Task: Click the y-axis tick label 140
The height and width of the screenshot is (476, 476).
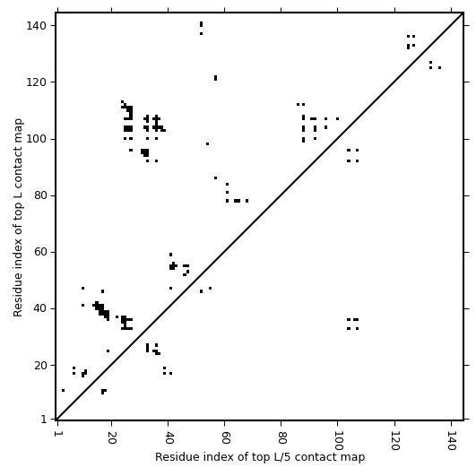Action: pos(36,26)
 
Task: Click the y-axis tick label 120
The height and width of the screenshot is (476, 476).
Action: pos(36,82)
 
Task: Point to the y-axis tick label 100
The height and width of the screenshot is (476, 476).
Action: pos(36,139)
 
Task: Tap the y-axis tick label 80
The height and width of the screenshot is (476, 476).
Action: pos(39,195)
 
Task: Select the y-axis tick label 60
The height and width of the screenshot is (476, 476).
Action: pos(39,252)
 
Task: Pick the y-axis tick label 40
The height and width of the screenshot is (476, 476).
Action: pos(39,308)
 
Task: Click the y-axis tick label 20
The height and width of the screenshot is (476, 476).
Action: pos(39,365)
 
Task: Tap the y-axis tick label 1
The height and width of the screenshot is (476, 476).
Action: pos(43,420)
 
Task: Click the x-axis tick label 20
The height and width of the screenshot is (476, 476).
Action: pos(112,437)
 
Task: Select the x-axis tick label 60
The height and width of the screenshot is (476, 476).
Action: pos(225,437)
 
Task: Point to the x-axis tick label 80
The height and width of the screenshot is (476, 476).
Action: pos(281,437)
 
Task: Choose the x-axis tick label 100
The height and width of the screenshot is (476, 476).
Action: pos(338,440)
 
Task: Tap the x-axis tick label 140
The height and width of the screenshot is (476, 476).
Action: pos(452,440)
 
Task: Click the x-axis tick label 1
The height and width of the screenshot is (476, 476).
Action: pos(57,434)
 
